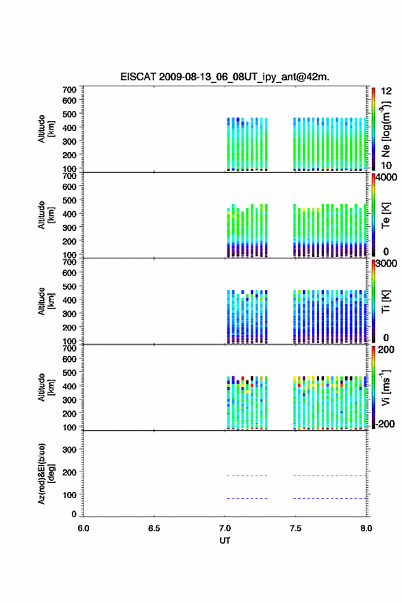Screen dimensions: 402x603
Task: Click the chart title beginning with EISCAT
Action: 225,77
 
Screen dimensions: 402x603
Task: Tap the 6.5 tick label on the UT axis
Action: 153,528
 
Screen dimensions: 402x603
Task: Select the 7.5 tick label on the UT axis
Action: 295,528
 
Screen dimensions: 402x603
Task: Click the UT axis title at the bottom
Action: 225,541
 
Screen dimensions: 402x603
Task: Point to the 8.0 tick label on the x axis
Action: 366,528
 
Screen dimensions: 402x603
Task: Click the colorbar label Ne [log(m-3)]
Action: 386,130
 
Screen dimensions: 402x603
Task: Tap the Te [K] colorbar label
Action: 386,215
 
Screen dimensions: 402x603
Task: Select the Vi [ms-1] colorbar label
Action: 386,387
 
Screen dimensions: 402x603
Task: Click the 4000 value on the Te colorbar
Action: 386,177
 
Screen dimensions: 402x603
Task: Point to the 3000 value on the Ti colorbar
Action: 386,263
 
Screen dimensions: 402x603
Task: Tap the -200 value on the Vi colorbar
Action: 386,423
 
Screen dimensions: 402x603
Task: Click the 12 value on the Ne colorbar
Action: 386,91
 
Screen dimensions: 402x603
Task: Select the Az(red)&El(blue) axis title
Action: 46,473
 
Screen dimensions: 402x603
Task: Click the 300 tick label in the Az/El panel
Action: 69,450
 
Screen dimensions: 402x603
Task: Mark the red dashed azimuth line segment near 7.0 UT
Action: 247,476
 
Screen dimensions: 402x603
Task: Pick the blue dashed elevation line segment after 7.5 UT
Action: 329,498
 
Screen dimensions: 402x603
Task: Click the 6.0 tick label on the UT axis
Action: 84,528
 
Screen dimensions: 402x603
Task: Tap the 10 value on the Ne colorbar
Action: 386,165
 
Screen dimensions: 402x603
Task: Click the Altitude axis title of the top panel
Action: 46,129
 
